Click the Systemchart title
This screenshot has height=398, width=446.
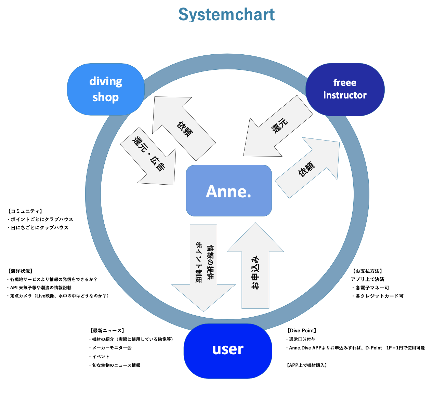[226, 15]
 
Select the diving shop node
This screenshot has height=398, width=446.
[106, 89]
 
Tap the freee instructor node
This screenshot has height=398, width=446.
[345, 89]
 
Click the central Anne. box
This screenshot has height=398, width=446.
[229, 191]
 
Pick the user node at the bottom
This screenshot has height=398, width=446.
[228, 349]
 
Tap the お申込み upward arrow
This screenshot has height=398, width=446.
[255, 270]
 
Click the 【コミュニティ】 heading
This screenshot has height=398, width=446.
[25, 211]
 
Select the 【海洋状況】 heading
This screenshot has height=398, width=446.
[20, 271]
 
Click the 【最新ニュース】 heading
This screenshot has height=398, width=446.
[107, 331]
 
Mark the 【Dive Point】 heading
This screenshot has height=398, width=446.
[302, 331]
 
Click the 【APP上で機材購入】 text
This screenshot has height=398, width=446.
[307, 365]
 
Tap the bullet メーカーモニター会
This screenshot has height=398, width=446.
[112, 348]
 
